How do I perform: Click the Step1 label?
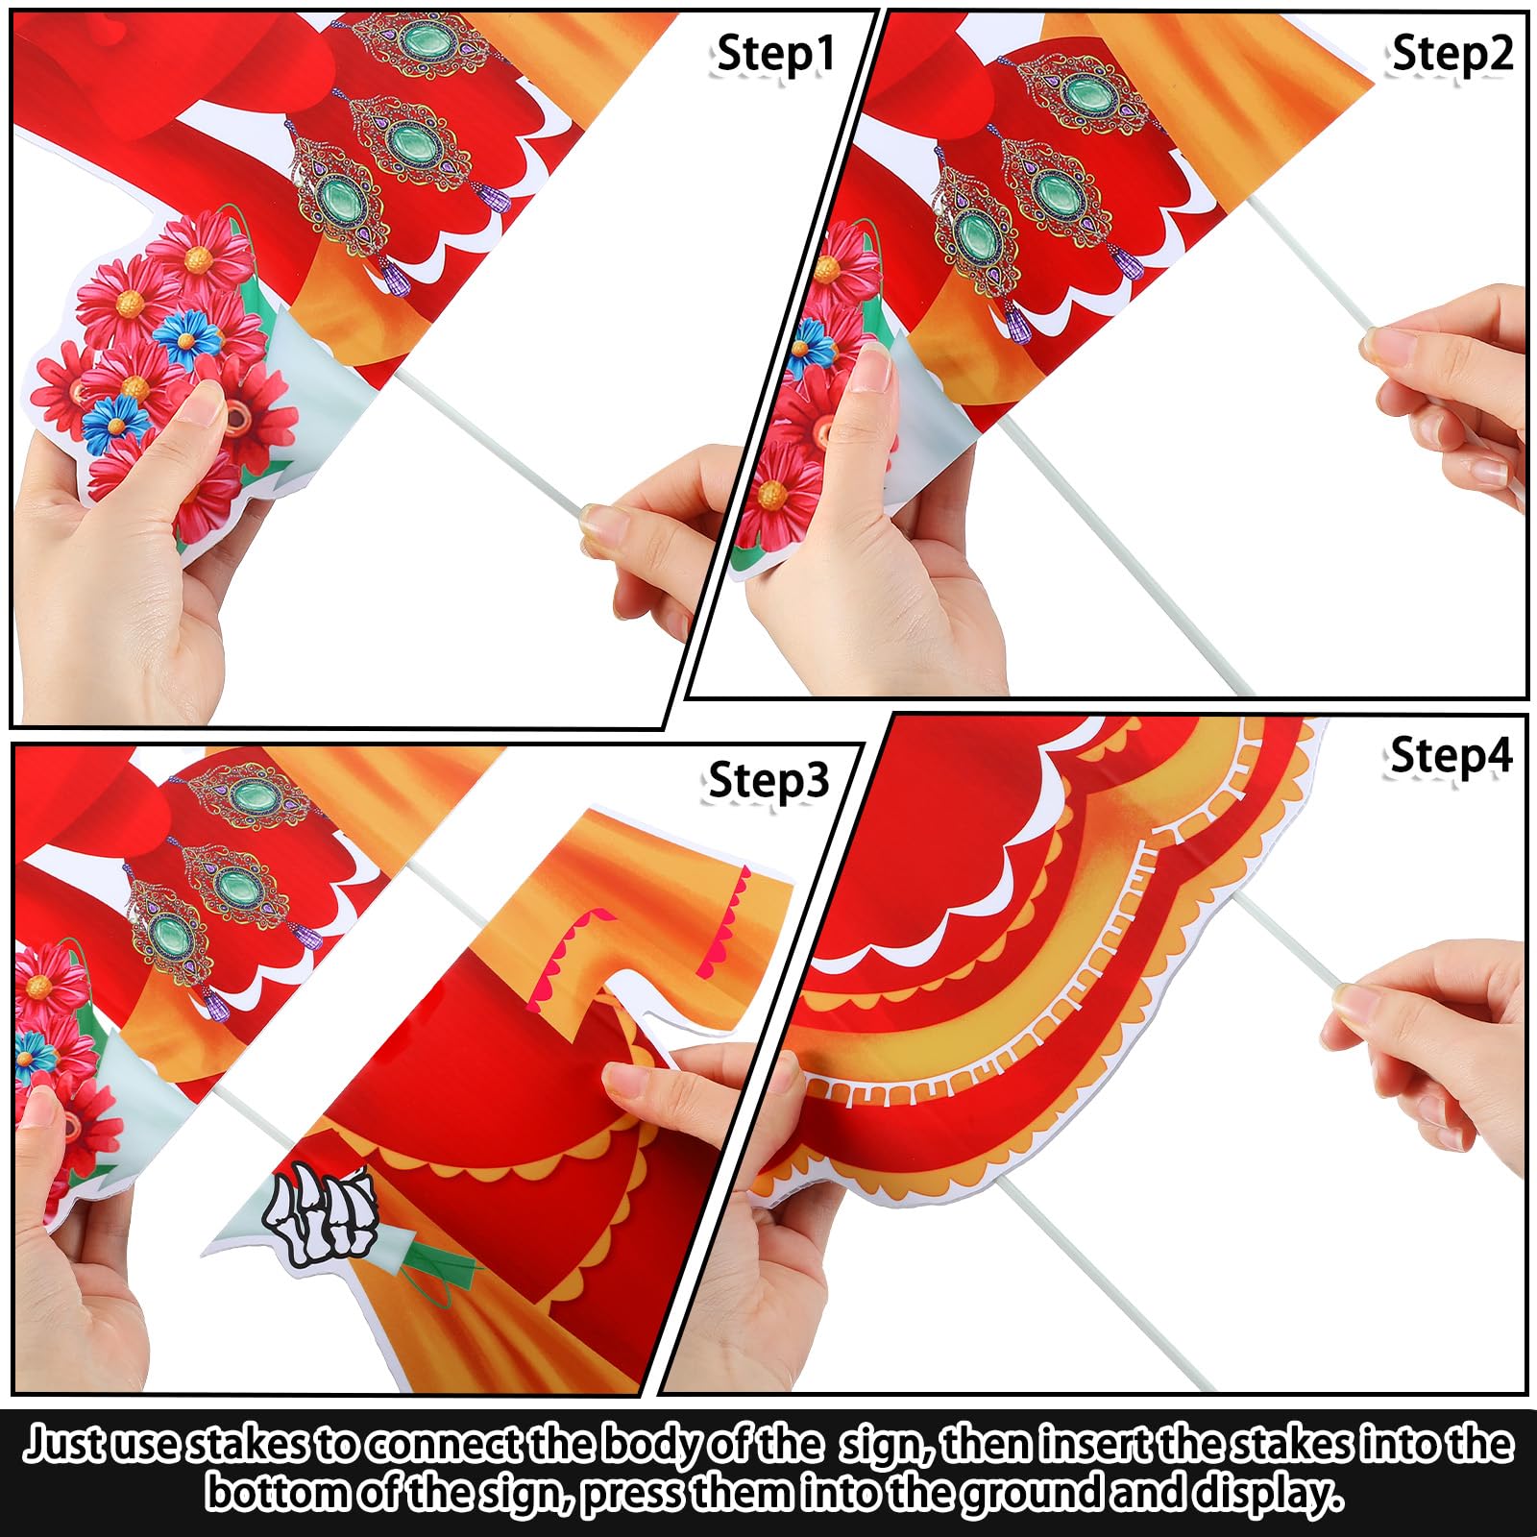coord(776,54)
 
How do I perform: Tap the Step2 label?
coord(1452,53)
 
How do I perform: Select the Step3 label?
coord(768,780)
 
